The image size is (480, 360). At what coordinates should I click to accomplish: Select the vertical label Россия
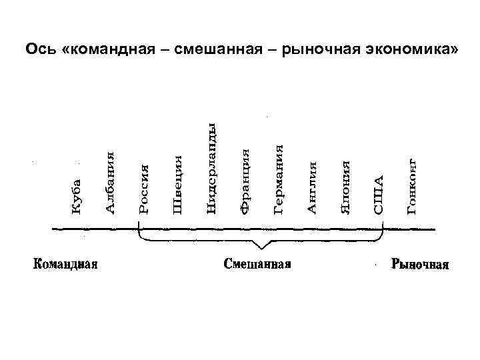pyautogui.click(x=144, y=189)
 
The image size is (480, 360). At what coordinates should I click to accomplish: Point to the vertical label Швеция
pyautogui.click(x=177, y=185)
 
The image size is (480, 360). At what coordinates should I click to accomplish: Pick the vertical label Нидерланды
pyautogui.click(x=211, y=169)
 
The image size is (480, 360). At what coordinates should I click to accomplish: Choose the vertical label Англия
pyautogui.click(x=311, y=187)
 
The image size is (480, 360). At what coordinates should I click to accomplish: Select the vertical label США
pyautogui.click(x=379, y=195)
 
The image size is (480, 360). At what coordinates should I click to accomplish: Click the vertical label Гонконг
pyautogui.click(x=412, y=186)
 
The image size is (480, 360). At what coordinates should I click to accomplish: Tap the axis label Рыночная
pyautogui.click(x=420, y=264)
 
